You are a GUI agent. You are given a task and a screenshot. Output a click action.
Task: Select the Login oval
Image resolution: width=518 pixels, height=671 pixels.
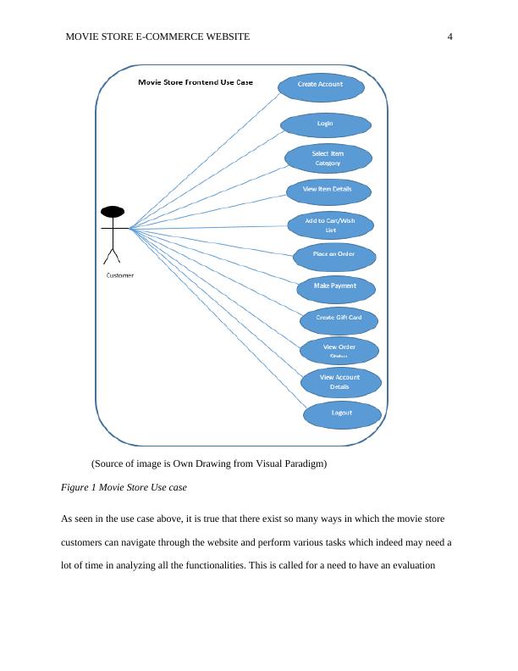[x=325, y=124]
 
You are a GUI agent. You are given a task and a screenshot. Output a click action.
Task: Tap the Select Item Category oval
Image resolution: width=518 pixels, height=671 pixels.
[x=328, y=158]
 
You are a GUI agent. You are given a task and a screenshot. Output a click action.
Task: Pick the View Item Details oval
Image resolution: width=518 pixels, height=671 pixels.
[x=327, y=189]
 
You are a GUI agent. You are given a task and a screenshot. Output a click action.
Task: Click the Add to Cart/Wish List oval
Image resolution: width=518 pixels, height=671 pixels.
[x=330, y=225]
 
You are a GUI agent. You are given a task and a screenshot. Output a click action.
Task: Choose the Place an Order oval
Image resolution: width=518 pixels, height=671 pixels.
[x=333, y=255]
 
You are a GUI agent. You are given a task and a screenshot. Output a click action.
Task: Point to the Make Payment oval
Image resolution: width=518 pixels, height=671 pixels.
[x=335, y=286]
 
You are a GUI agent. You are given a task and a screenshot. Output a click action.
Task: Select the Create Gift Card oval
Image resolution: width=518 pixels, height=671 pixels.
[x=339, y=319]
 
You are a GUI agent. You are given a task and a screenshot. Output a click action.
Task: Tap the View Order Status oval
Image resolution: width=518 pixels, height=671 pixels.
[x=339, y=349]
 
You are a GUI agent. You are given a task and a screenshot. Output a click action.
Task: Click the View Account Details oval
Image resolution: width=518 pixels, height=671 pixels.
[x=339, y=382]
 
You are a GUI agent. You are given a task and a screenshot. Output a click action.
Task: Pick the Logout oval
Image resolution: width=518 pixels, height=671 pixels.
[x=341, y=413]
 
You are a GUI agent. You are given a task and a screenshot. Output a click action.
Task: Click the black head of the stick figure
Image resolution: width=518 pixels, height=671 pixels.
[x=113, y=212]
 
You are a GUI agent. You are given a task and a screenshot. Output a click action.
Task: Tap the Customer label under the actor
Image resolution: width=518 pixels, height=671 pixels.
[x=119, y=275]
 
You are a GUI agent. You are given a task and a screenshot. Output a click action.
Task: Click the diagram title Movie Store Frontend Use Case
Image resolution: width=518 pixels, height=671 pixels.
[x=195, y=83]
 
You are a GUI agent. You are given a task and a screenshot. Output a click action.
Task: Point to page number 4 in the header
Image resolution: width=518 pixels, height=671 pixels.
[x=449, y=36]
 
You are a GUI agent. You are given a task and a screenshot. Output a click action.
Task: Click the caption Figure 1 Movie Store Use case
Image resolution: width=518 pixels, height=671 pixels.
[x=124, y=488]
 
